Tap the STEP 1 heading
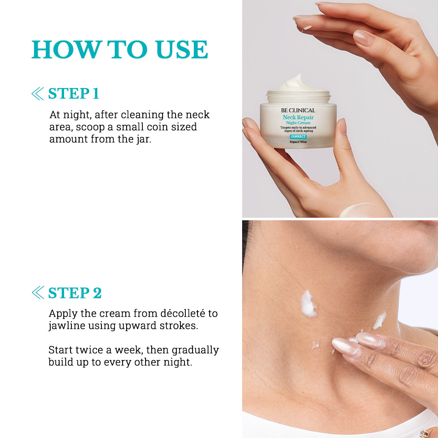pyautogui.click(x=73, y=94)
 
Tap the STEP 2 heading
pyautogui.click(x=75, y=293)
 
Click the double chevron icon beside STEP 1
pyautogui.click(x=37, y=94)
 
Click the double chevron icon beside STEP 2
pyautogui.click(x=37, y=292)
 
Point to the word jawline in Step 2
pyautogui.click(x=67, y=326)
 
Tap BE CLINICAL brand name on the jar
pyautogui.click(x=298, y=110)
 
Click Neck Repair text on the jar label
pyautogui.click(x=298, y=117)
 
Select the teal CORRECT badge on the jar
pyautogui.click(x=298, y=137)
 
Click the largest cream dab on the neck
pyautogui.click(x=308, y=304)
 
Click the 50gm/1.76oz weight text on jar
pyautogui.click(x=298, y=142)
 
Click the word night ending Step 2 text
pyautogui.click(x=178, y=362)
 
